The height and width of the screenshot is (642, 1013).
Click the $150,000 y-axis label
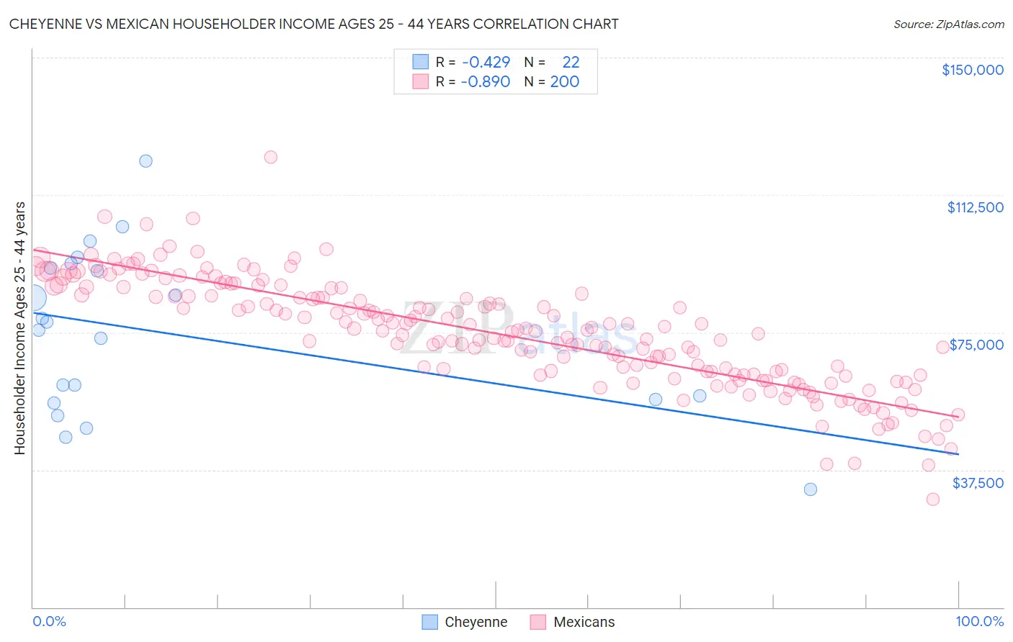(972, 70)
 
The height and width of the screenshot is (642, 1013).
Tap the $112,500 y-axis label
(975, 207)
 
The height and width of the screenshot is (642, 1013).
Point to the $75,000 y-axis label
(976, 345)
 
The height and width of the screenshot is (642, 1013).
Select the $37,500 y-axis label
(978, 483)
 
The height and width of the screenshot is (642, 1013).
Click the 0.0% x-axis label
(49, 621)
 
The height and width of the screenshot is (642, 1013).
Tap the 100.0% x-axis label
(979, 621)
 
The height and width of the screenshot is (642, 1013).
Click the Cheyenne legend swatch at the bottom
(430, 622)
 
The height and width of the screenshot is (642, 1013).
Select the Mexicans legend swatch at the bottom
(538, 622)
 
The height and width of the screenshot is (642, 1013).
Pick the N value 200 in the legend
(565, 81)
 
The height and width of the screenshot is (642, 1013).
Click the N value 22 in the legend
(571, 62)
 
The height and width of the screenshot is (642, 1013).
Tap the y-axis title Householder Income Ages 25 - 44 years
(19, 328)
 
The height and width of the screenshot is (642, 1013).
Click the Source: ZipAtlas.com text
(948, 24)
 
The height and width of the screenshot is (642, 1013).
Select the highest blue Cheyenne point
(146, 160)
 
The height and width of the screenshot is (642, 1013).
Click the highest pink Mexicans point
(271, 157)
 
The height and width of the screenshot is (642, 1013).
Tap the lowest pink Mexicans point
(933, 499)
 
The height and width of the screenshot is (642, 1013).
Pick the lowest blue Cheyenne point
(811, 489)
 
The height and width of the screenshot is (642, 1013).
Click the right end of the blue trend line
(958, 454)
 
